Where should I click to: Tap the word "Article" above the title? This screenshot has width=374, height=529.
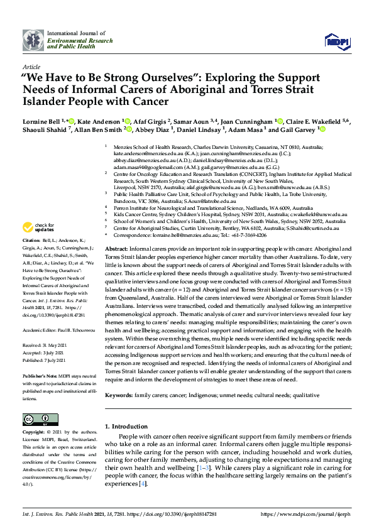pos(31,66)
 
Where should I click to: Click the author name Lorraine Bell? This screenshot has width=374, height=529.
pos(41,121)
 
